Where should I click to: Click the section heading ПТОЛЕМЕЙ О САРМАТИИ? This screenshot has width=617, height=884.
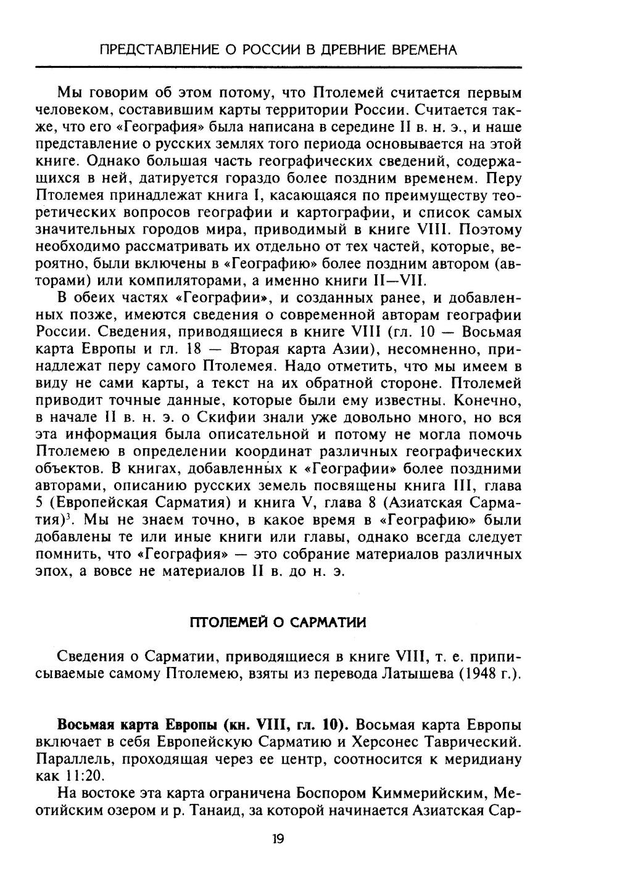click(278, 622)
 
